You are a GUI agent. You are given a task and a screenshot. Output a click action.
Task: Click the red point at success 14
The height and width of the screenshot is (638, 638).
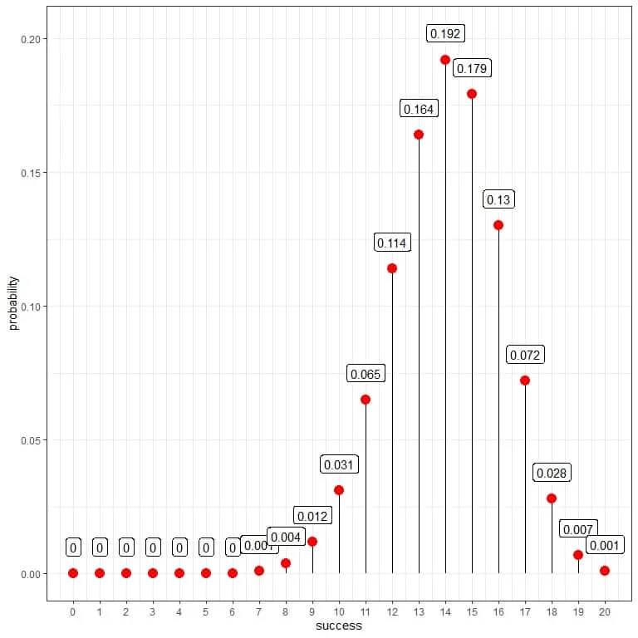point(445,60)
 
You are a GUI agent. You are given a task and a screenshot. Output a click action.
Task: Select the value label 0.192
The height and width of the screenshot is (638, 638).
point(445,34)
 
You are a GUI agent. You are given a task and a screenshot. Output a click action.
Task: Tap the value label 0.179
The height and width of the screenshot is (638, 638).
point(472,68)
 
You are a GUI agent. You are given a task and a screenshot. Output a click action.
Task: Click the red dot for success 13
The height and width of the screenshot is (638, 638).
point(419,135)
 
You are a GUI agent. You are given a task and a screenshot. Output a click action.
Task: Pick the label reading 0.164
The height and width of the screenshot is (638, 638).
point(419,109)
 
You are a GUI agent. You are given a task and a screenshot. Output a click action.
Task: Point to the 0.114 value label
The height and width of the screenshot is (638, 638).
point(392,243)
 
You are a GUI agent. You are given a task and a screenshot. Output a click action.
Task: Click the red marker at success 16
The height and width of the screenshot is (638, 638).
point(498,225)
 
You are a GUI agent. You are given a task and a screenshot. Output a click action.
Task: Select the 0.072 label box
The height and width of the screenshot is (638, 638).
point(525,356)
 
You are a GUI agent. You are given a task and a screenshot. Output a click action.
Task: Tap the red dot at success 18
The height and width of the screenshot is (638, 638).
point(552,498)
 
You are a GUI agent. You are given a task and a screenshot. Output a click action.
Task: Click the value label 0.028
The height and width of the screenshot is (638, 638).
point(552,474)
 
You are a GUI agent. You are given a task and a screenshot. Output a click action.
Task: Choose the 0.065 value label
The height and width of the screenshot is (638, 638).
point(366,374)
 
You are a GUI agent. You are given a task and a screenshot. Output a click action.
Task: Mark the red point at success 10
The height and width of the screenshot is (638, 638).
point(339,490)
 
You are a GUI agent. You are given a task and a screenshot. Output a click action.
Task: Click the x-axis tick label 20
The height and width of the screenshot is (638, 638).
point(605,612)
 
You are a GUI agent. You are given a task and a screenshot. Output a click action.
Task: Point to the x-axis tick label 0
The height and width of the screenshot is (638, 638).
point(73,612)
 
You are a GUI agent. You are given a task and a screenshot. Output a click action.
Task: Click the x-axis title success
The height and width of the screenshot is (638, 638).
point(339,626)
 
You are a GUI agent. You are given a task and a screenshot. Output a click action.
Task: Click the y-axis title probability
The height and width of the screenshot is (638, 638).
point(13,303)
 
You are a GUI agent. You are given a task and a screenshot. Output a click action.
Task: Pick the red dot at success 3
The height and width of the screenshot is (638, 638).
point(153,573)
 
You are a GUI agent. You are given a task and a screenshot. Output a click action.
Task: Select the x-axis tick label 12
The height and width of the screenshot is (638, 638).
point(392,612)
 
